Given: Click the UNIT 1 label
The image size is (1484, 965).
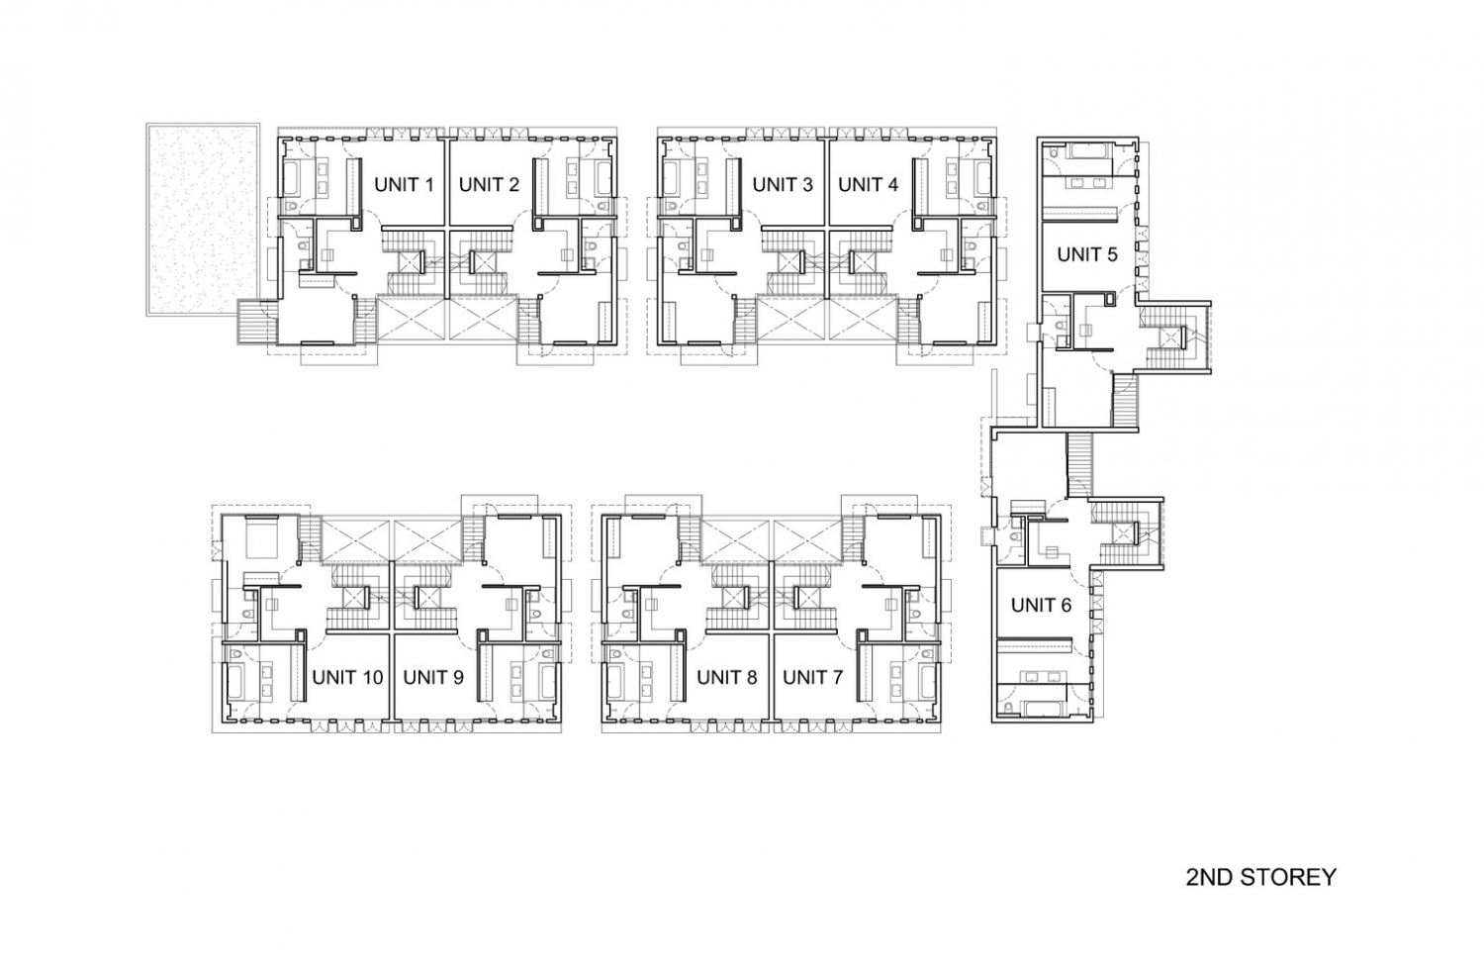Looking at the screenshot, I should click(404, 184).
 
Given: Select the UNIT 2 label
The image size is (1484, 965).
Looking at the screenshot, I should click(489, 184).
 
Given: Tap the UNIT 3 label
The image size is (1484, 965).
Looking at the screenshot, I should click(783, 184).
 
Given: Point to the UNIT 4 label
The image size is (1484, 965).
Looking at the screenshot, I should click(869, 184).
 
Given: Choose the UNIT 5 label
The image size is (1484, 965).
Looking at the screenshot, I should click(1086, 254).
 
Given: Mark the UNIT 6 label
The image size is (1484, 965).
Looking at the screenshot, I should click(1041, 605).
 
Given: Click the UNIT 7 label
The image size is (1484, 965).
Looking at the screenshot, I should click(812, 677).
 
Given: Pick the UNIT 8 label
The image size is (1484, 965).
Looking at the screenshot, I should click(727, 677).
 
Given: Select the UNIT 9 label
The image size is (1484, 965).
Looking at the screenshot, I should click(433, 677).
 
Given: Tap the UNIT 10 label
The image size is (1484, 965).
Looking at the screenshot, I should click(347, 677).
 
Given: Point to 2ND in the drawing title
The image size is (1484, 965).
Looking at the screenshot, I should click(1208, 877).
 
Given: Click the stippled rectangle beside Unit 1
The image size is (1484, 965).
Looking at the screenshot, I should click(203, 219).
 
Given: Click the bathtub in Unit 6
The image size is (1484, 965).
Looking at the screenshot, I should click(1039, 708).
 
